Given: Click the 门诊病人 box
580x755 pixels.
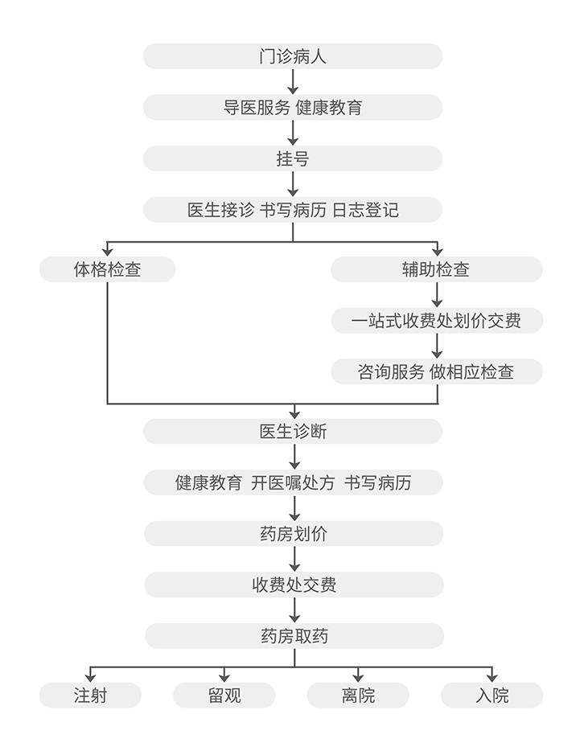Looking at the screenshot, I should point(293,56).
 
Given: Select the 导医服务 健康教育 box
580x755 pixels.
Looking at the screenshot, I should point(293,107).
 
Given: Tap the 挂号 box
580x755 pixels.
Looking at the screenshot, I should point(293,158).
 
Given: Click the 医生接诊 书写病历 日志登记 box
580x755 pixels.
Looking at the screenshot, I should point(293,210).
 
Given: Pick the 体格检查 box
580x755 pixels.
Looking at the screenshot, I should point(107,269).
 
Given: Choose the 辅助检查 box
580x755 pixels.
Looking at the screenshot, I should point(437,269).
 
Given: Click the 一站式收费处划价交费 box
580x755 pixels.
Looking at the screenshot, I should point(437,321).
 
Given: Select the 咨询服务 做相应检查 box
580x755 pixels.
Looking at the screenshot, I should point(437,371).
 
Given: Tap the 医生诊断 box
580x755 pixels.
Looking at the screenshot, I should point(293,432).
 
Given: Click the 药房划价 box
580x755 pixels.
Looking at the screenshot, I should point(293,534).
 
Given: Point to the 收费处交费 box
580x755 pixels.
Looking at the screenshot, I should point(293,585).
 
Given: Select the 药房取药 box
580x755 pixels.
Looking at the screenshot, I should point(293,636).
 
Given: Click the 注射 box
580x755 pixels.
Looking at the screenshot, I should point(90,695).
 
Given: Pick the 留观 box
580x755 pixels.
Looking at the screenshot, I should point(224,695).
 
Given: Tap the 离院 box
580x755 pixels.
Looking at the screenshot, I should point(358,695).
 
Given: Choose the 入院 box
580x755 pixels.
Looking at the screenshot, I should point(492,695).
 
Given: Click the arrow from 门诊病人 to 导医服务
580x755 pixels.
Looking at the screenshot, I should point(293,81).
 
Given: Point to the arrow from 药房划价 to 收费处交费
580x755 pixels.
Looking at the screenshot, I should point(293,559).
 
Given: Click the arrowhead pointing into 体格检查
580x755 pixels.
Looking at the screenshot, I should point(107,252).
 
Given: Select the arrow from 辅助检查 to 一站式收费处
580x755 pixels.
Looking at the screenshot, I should point(437,295).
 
